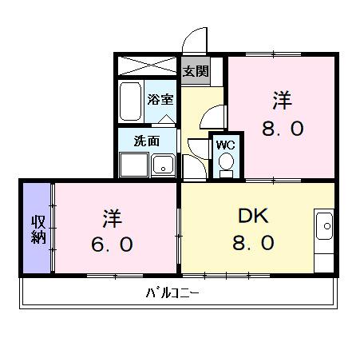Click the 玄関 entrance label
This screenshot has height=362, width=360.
click(x=196, y=70)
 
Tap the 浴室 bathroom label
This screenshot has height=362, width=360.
click(x=160, y=99)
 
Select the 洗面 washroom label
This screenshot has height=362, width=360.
click(x=146, y=141)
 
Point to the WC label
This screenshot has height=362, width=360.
click(x=225, y=145)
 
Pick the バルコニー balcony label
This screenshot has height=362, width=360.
click(x=172, y=292)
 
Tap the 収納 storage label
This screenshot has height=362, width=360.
click(x=38, y=229)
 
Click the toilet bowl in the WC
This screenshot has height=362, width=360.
click(x=226, y=164)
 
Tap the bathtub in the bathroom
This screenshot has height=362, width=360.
click(x=130, y=101)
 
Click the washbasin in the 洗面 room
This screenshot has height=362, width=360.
click(x=164, y=166)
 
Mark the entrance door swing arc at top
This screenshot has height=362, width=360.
click(x=194, y=40)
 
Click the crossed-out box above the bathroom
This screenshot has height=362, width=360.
click(x=148, y=66)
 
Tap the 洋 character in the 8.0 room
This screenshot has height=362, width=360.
click(x=282, y=101)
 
